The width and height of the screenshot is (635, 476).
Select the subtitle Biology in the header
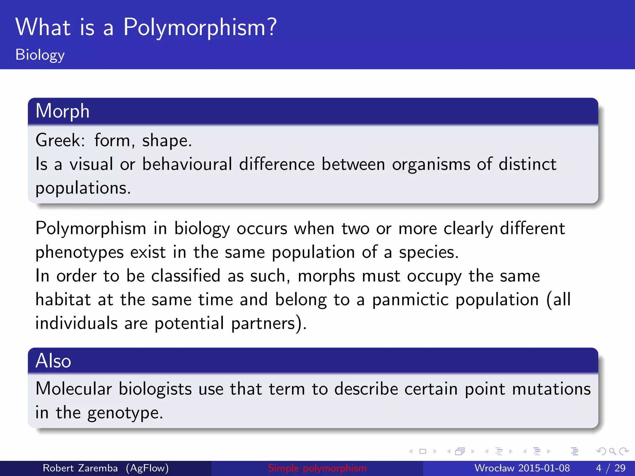(40, 55)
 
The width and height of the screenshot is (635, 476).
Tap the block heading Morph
(62, 111)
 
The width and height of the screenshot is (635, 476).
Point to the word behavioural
(187, 164)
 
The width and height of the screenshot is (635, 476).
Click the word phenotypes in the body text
(79, 252)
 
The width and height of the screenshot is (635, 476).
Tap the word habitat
(63, 300)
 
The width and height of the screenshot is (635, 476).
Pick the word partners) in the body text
(269, 324)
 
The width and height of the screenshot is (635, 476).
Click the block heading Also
(53, 361)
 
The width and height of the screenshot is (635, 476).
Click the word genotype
(125, 413)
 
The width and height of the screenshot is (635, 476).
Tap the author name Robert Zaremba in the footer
(80, 468)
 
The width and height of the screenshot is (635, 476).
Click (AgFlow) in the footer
(147, 468)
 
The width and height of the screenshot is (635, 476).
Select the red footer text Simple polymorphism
(317, 468)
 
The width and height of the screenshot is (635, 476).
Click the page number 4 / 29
(611, 468)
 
